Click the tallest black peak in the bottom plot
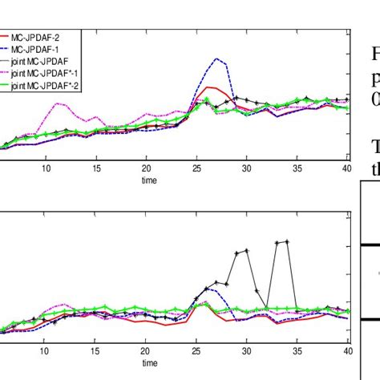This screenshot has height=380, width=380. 286,241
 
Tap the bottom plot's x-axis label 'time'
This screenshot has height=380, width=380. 145,363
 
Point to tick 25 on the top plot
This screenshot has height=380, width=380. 196,169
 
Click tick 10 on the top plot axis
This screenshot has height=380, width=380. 46,169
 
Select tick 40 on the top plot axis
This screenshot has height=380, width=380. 346,169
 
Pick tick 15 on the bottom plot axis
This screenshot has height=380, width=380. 96,350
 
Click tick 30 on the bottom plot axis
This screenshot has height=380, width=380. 246,350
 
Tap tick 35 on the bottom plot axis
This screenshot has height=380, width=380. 297,350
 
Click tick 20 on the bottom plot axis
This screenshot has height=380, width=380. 146,350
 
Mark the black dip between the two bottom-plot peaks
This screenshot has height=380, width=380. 266,308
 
